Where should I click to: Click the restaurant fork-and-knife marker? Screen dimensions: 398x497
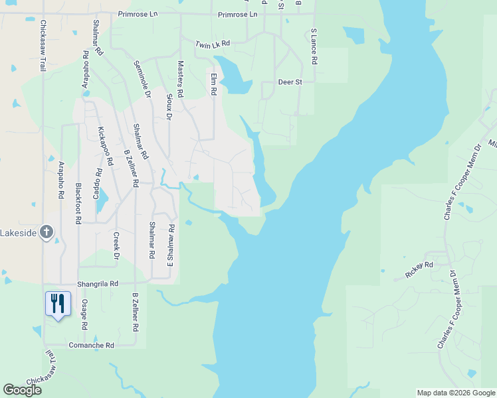point(58,304)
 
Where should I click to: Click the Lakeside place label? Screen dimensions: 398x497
point(19,233)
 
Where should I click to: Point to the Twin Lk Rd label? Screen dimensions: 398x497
point(212,44)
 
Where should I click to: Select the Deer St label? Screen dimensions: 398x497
point(290,82)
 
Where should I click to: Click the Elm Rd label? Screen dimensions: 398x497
point(213,83)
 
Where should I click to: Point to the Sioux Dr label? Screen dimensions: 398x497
point(169,107)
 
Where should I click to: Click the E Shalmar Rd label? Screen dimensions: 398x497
point(171,243)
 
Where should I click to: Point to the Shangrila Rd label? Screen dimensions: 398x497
point(98,283)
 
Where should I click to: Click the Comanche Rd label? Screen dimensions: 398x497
point(92,346)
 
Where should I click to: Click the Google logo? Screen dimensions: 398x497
point(22,390)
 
